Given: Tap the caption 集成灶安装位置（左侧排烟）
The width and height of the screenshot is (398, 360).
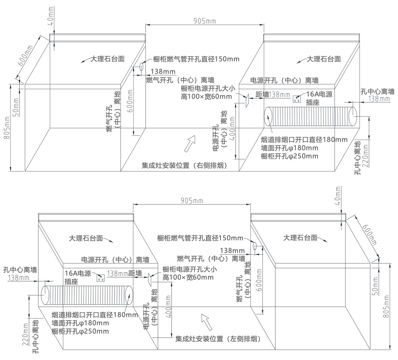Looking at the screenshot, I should pos(218,339).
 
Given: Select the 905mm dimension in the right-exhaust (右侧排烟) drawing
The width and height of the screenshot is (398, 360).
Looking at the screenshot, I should pos(205,21).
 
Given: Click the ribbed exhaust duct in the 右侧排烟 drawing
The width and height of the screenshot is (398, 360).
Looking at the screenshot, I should pos(310,116).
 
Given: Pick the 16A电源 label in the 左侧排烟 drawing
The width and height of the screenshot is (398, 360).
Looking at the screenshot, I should pos(78,274).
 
